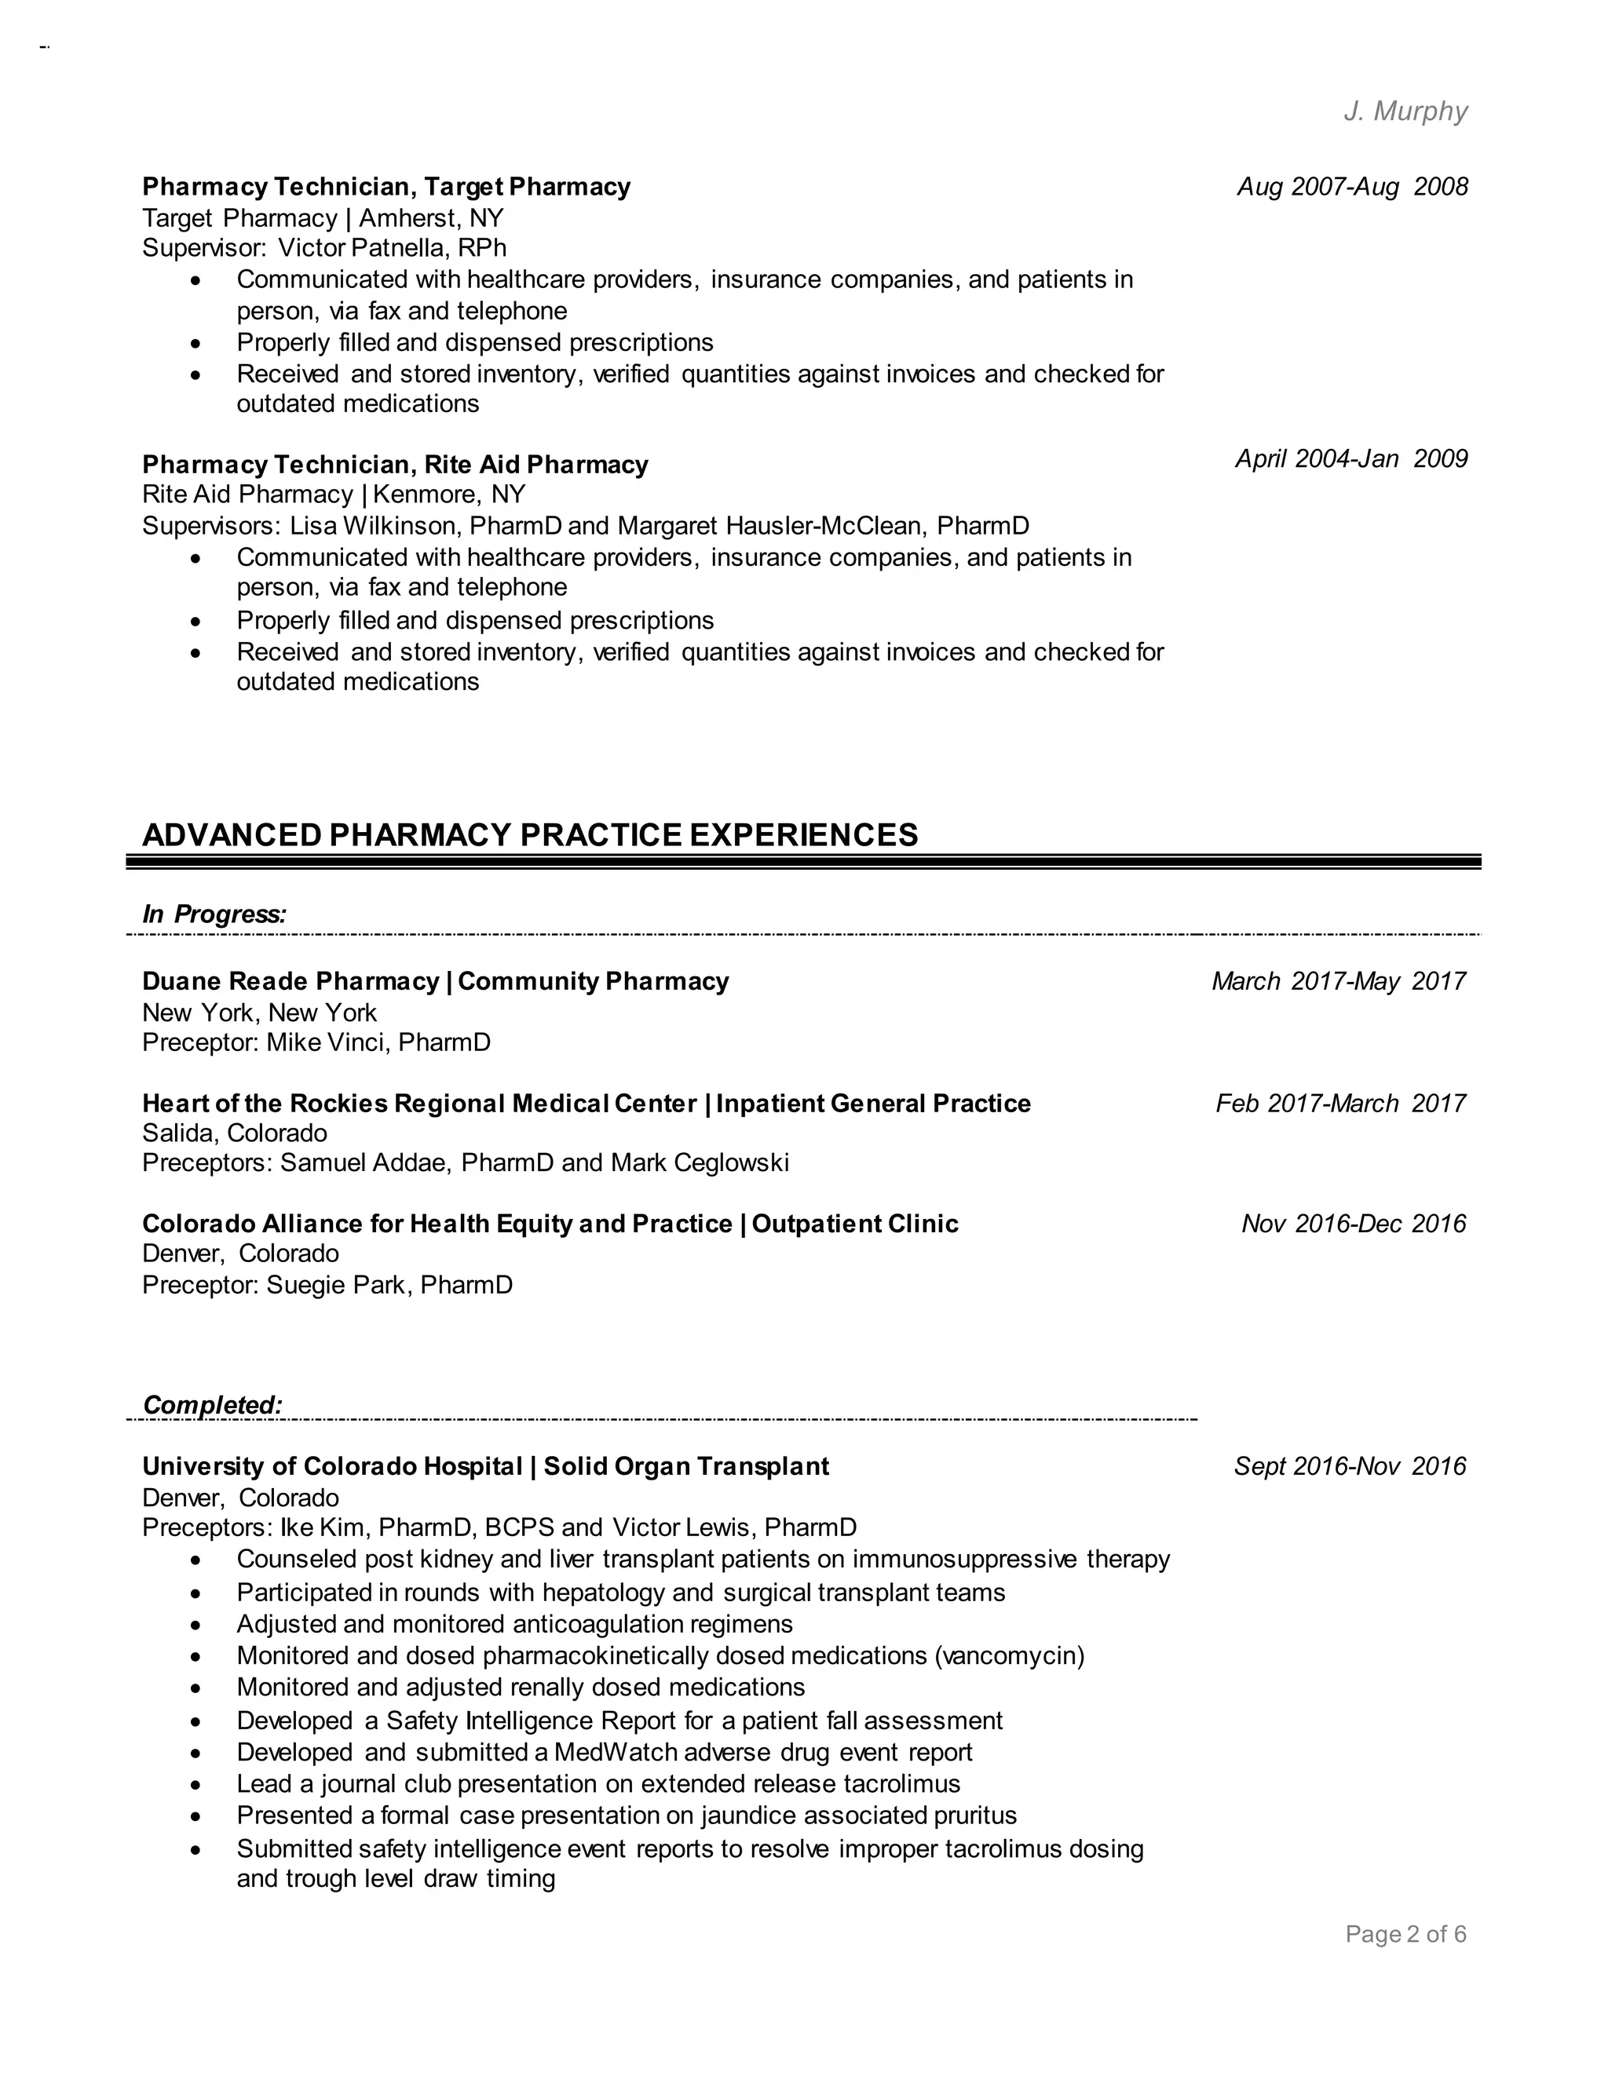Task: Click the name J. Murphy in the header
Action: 1405,111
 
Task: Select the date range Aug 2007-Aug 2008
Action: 1352,187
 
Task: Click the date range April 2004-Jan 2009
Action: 1350,459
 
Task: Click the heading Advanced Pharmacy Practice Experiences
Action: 530,834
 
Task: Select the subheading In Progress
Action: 214,914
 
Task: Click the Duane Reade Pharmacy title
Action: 291,981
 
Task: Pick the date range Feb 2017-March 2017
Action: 1340,1104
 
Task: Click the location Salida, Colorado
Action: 234,1133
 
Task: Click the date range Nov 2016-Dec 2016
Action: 1353,1224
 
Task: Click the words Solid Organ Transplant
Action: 686,1467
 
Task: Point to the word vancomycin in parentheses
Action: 1009,1656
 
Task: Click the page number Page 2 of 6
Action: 1405,1934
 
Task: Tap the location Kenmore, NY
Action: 448,495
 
